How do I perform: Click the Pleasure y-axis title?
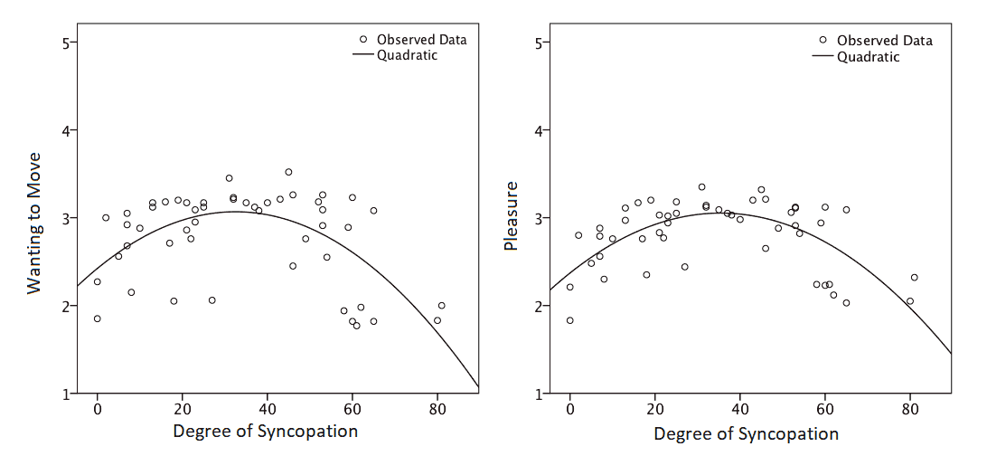pyautogui.click(x=511, y=216)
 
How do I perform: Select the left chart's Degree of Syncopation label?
pyautogui.click(x=265, y=431)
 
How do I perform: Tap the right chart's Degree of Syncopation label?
pyautogui.click(x=746, y=434)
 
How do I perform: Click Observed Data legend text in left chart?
pyautogui.click(x=422, y=39)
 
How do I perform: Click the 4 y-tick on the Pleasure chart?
pyautogui.click(x=540, y=130)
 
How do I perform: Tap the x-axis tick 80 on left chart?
pyautogui.click(x=437, y=408)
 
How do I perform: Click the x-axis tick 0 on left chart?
pyautogui.click(x=97, y=408)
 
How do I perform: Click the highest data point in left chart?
pyautogui.click(x=288, y=172)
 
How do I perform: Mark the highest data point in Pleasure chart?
pyautogui.click(x=701, y=187)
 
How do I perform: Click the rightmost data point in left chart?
pyautogui.click(x=441, y=306)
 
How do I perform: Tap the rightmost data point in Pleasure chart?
pyautogui.click(x=914, y=278)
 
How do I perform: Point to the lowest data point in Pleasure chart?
pyautogui.click(x=569, y=320)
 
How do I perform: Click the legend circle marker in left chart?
pyautogui.click(x=363, y=39)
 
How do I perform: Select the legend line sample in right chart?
pyautogui.click(x=822, y=57)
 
